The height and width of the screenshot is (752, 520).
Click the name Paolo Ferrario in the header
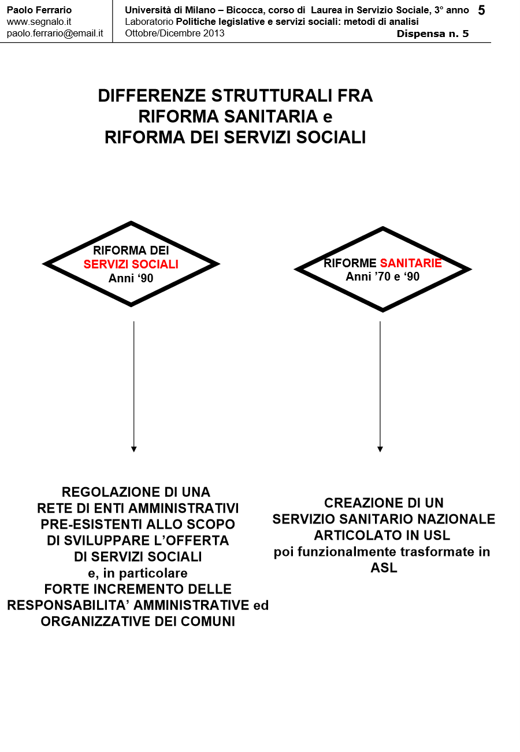[x=39, y=10]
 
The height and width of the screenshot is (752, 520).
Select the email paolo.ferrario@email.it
[x=55, y=33]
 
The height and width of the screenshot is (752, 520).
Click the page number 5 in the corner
[x=481, y=10]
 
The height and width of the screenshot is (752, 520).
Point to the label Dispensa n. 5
[x=433, y=34]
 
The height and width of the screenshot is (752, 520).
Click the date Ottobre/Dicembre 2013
[x=174, y=33]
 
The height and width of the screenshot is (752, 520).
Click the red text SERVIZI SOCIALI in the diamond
[x=131, y=264]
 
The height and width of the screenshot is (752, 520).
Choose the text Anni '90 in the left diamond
[x=131, y=278]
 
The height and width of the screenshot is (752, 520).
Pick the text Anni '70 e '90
[x=382, y=277]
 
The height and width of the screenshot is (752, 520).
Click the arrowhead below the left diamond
[x=134, y=449]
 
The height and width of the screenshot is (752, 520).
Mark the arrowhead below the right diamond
[x=380, y=449]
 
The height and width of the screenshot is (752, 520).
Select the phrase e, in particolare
[x=138, y=573]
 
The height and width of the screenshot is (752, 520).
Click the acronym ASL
[x=384, y=567]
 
